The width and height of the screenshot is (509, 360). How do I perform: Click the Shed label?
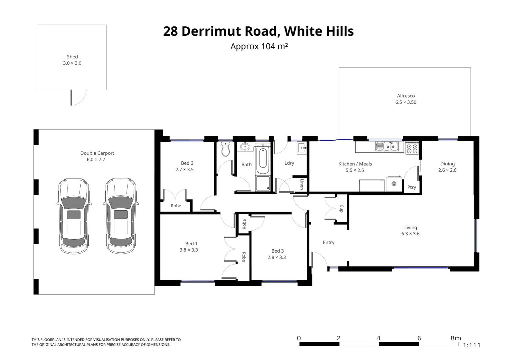tap(72, 57)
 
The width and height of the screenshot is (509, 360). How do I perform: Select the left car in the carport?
tap(74, 216)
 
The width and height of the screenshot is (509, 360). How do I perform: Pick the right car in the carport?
tap(121, 216)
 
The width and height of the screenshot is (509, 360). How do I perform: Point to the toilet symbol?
tap(226, 149)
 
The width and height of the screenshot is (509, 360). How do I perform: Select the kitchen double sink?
tap(387, 146)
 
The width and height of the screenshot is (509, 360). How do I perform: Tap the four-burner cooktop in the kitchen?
tap(412, 148)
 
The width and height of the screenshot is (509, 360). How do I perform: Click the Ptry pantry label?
tap(412, 187)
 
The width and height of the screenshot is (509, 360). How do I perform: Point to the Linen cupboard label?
tap(302, 184)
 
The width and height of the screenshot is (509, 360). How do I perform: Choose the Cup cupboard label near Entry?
tap(341, 209)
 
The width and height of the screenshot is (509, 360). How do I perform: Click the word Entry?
tap(328, 242)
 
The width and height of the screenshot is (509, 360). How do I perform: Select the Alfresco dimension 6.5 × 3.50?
tap(406, 102)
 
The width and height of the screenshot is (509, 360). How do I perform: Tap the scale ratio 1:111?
tap(472, 345)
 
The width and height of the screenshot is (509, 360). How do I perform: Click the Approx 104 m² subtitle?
tap(259, 46)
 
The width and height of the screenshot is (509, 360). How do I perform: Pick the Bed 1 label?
tap(191, 244)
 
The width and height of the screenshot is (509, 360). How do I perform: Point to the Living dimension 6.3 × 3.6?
tap(410, 234)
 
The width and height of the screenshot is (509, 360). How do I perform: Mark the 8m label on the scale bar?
tap(456, 338)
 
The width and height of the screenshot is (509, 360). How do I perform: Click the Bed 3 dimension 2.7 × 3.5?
tap(185, 169)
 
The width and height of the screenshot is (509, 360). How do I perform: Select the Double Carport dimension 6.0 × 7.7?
tap(96, 159)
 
